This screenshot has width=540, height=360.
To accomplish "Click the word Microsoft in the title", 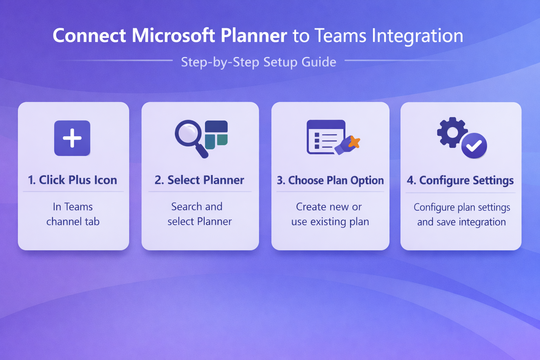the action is pos(173,36).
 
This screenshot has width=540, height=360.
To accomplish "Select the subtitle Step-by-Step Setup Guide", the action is pos(258,62).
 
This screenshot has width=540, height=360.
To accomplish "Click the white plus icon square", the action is pos(72,138).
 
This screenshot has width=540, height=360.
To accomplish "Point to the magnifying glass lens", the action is pos(188,133).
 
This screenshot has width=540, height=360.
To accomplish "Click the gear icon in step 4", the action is pos(452,133).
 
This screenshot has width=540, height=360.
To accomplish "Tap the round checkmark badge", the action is pos(474,146).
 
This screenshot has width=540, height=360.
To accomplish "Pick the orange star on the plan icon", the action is pos(354,142).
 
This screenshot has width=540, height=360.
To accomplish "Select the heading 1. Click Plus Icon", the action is pos(72,180).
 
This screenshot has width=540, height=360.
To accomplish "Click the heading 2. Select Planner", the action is pos(199,180).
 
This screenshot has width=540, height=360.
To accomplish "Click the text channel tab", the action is pos(73,221).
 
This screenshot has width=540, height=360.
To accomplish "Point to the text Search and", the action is pos(197,207).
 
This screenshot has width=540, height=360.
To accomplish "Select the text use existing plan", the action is pos(330,222).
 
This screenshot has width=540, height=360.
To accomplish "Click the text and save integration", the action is pos(461,222).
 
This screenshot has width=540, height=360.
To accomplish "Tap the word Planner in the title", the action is pos(254,36).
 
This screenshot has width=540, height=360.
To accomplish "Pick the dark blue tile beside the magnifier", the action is pos(216,126).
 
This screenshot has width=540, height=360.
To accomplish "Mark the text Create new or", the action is pos(329,207).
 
